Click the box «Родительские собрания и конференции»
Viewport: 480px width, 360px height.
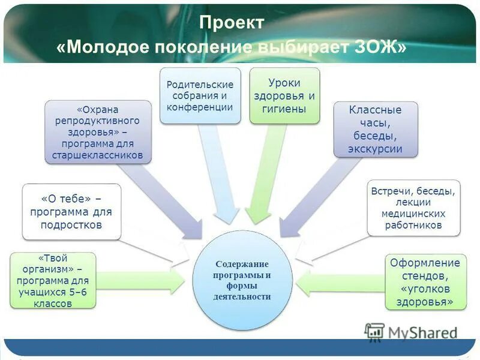200,95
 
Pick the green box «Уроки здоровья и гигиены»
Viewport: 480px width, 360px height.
284,95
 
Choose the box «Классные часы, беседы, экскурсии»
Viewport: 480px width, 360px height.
376,130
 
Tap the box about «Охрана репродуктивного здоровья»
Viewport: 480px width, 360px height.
98,132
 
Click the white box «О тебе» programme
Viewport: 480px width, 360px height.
71,212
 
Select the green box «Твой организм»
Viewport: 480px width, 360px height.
53,281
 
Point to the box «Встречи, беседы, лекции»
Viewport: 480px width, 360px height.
413,208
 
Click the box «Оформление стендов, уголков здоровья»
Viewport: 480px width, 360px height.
425,282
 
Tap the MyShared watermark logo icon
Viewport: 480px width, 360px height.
374,332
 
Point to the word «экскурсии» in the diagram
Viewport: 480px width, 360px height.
376,149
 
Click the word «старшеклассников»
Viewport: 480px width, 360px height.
98,155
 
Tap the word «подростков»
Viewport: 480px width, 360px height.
71,225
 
